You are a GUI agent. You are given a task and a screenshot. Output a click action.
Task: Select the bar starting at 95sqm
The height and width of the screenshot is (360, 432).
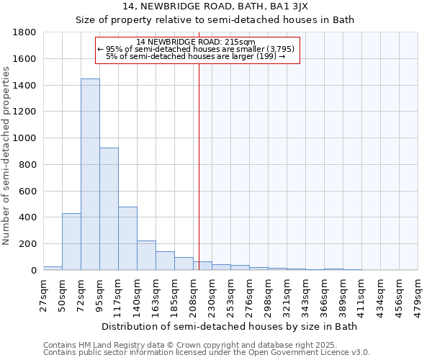[109, 209]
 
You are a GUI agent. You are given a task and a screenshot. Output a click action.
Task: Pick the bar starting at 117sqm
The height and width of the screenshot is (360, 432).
[127, 238]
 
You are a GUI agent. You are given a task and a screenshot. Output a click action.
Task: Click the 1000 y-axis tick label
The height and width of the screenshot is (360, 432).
[25, 138]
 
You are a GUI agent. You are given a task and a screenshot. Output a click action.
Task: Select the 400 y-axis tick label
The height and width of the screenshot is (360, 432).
[28, 217]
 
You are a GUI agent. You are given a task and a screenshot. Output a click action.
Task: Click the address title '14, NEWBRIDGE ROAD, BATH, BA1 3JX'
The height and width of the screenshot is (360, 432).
[215, 6]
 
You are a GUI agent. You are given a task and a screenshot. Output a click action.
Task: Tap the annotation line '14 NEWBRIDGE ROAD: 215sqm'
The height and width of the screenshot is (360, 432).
[195, 42]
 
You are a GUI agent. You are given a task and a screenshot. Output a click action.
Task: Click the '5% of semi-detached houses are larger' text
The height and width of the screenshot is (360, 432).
[195, 56]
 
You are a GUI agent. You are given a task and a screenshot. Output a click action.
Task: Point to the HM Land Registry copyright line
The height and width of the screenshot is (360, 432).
[190, 345]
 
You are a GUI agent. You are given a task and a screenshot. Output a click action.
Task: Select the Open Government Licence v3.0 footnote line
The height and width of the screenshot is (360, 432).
[207, 352]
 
